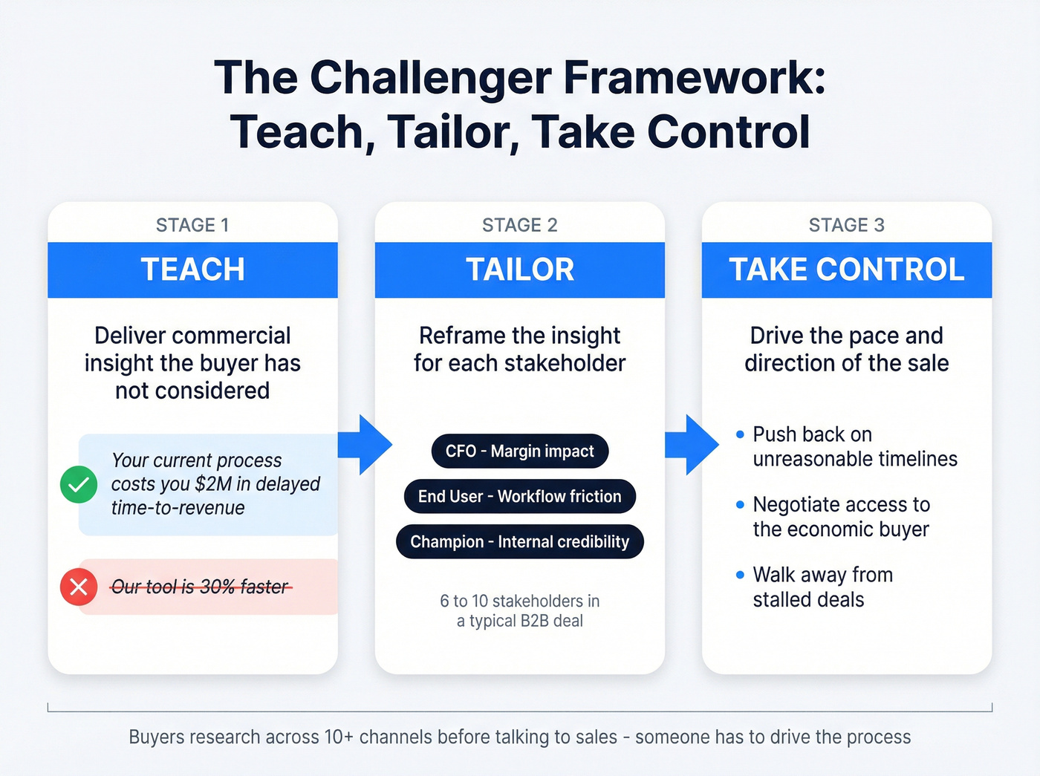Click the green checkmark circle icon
79,484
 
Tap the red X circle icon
79,587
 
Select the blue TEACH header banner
192,270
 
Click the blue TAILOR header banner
519,270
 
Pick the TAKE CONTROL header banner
846,270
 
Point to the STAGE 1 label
192,225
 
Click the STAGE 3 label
846,225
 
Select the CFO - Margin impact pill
519,451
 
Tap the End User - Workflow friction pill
519,496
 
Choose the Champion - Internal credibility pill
519,541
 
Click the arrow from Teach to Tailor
366,445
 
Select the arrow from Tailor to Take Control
693,445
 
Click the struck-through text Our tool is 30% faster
199,587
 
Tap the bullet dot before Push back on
740,434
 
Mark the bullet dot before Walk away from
740,575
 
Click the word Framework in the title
692,77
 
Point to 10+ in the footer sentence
333,737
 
